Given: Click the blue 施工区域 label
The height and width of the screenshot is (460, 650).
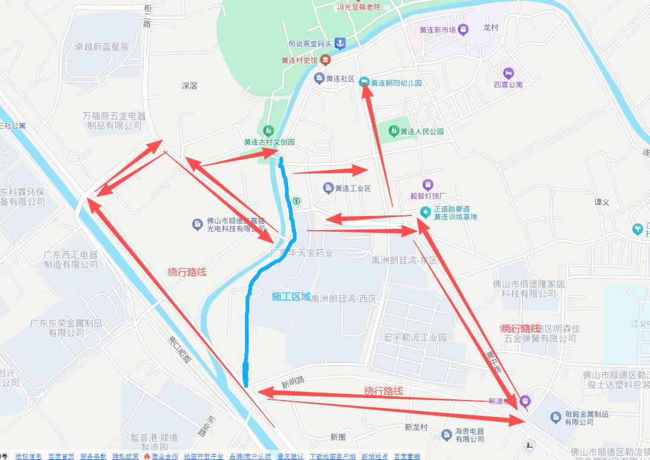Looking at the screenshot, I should (x=291, y=297).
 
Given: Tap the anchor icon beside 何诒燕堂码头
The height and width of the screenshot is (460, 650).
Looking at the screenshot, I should (x=340, y=43).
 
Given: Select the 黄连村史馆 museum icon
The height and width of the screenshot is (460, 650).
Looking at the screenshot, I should (x=326, y=60).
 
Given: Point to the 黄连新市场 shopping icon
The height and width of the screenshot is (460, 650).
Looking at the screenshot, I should (x=463, y=29).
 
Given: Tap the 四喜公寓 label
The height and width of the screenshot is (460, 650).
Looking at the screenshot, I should (x=508, y=85).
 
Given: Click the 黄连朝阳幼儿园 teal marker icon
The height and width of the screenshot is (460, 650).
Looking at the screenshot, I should (x=364, y=82).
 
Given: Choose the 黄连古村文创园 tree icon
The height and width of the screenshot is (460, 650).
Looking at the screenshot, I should (x=269, y=130).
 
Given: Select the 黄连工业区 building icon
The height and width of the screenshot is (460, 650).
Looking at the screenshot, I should (x=329, y=188).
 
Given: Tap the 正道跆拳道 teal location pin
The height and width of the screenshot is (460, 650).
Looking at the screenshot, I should (x=426, y=212).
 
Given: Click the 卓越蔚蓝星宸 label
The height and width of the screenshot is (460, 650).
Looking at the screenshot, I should (x=102, y=47).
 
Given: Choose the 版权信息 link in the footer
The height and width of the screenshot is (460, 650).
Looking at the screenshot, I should (x=28, y=456).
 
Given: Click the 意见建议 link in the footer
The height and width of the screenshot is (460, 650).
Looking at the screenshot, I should (x=290, y=456).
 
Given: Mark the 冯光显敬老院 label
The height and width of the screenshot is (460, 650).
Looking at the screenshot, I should (x=359, y=7).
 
